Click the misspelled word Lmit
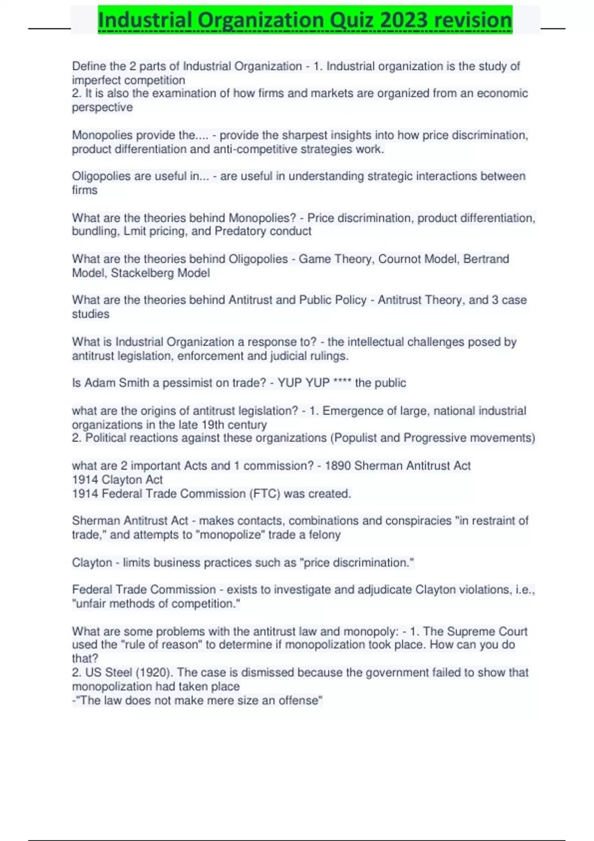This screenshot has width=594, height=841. point(135,231)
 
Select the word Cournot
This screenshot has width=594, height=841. point(398,259)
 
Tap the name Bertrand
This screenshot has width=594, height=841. point(486,259)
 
